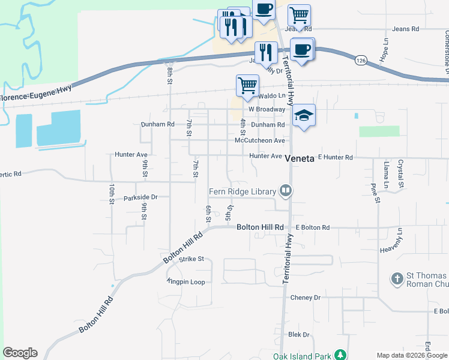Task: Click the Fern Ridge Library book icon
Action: (286, 192)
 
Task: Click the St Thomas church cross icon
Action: (396, 278)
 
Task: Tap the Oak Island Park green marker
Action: (340, 355)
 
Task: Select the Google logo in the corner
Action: (20, 353)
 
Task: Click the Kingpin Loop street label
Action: (187, 282)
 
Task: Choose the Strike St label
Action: (192, 259)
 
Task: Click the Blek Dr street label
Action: (298, 335)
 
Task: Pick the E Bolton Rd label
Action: (313, 228)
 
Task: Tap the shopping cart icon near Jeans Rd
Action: (298, 15)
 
